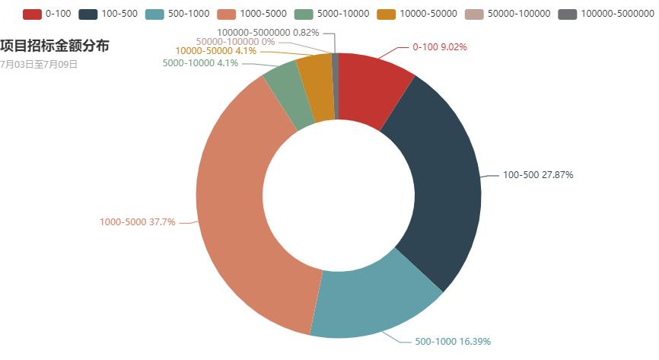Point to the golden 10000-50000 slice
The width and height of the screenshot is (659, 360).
tap(317, 88)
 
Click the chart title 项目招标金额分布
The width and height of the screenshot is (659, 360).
tap(54, 47)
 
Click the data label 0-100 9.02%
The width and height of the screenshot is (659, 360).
tap(439, 47)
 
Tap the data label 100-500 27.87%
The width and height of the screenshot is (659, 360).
tap(538, 175)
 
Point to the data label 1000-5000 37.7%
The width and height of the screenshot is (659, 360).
tap(137, 222)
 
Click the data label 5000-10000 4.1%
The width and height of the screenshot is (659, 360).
tap(200, 63)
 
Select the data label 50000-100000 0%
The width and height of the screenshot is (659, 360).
tap(235, 42)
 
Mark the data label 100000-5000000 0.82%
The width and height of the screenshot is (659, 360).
tap(268, 33)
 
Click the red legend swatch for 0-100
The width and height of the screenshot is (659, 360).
tap(32, 14)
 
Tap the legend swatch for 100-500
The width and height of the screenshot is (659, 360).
tap(88, 14)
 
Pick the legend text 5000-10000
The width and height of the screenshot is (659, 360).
tap(343, 14)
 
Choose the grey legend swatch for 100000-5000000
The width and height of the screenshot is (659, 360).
tap(567, 14)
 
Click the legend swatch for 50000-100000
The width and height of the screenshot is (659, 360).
tap(474, 14)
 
